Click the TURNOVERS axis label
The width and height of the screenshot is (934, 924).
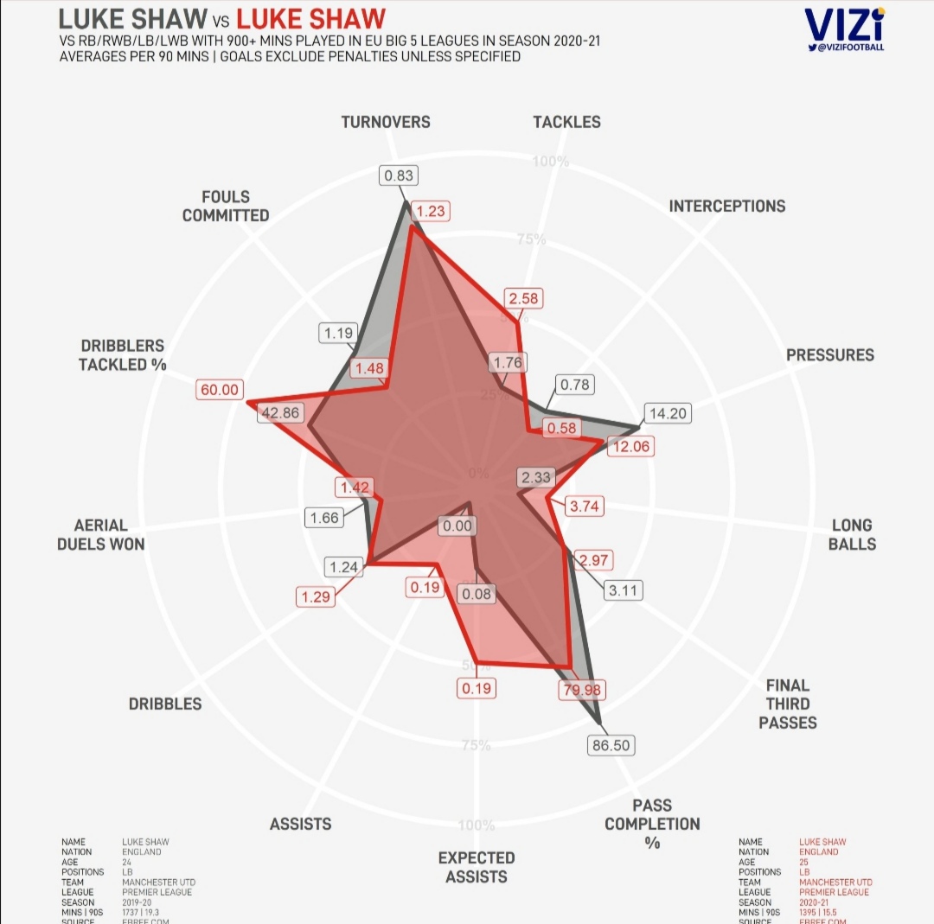(x=386, y=122)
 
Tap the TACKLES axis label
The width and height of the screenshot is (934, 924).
(x=566, y=122)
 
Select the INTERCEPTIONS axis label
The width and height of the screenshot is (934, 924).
(x=727, y=206)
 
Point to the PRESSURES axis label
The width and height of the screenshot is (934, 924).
(x=830, y=354)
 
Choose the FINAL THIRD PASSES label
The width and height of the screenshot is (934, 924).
(x=788, y=704)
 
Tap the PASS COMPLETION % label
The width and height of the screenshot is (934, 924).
(x=652, y=824)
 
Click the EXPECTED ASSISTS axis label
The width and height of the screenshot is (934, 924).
(x=477, y=867)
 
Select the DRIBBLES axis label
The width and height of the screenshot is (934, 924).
(x=165, y=704)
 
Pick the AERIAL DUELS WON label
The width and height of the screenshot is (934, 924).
(x=101, y=534)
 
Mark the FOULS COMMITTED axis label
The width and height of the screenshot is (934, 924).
(x=226, y=206)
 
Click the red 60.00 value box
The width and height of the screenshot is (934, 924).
(x=220, y=390)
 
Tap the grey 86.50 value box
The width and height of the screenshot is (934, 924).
(x=611, y=745)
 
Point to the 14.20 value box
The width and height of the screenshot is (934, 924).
(x=668, y=413)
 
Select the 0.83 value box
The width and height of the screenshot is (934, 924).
(x=400, y=175)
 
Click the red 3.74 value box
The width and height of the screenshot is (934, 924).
(x=585, y=507)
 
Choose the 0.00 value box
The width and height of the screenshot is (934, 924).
(x=457, y=526)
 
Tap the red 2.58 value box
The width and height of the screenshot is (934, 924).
(x=524, y=298)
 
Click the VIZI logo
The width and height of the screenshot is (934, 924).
(x=843, y=29)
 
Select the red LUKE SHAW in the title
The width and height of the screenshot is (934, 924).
(x=310, y=18)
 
